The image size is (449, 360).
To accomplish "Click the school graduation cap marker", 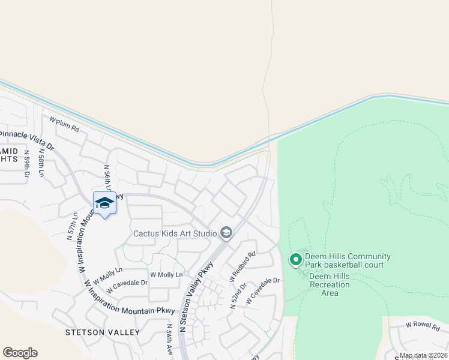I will coord(104,203).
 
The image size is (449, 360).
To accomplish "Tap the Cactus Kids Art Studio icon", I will coord(226,233).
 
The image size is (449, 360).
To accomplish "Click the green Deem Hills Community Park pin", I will coord(295,260).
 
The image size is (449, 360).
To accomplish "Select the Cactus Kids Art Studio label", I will coord(175,233).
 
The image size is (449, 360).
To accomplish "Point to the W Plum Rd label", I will coord(64,124).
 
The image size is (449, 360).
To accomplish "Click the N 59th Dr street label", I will coord(27,164).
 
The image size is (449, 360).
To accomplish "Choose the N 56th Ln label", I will coord(107,178).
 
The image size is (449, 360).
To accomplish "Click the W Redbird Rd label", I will coord(243,266).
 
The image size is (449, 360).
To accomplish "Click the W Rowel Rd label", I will coord(423,325).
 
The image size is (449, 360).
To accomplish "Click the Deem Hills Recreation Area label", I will coord(330,284).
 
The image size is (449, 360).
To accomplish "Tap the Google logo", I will coord(20,353).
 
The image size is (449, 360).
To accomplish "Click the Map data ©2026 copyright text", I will coord(423,356).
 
